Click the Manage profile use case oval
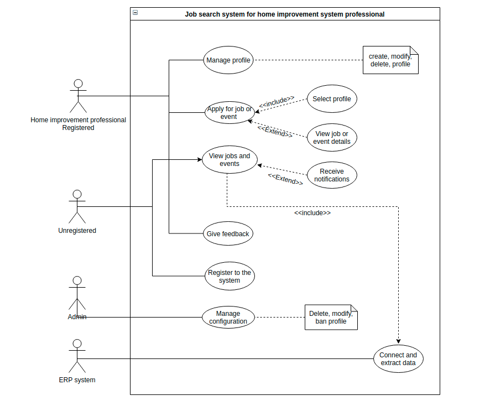click(x=228, y=60)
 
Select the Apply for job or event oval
click(x=229, y=113)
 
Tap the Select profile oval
click(x=332, y=100)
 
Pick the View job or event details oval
click(x=332, y=138)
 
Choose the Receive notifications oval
click(x=332, y=175)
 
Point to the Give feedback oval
click(x=228, y=234)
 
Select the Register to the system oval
click(x=230, y=277)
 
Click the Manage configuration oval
click(x=228, y=318)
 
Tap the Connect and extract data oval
click(x=399, y=359)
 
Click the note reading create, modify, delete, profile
click(x=390, y=60)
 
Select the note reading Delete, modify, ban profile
click(x=331, y=318)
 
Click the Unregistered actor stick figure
click(x=77, y=207)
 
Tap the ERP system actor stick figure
click(x=77, y=357)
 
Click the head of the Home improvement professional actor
click(x=78, y=84)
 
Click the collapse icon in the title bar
click(x=135, y=13)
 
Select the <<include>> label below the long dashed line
click(x=312, y=213)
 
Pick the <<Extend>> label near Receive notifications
click(x=285, y=179)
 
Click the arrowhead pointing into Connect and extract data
click(x=398, y=342)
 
